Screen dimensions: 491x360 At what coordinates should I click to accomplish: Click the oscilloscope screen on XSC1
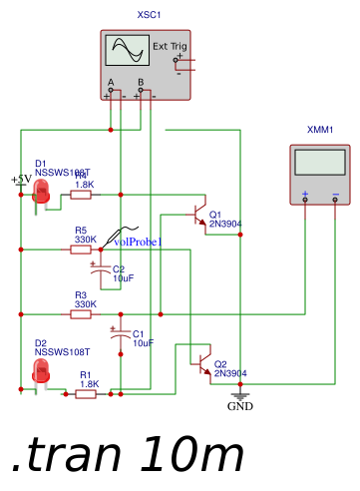click(126, 50)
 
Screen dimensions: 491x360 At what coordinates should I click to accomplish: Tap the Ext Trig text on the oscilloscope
click(169, 47)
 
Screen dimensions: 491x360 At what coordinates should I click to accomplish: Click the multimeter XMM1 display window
click(320, 162)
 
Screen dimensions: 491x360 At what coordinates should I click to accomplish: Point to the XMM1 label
click(320, 130)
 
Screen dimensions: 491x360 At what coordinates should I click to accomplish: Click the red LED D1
click(42, 192)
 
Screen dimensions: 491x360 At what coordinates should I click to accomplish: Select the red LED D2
click(41, 371)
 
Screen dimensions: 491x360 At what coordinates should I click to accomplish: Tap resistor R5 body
click(82, 250)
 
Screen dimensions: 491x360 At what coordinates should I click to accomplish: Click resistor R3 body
click(82, 314)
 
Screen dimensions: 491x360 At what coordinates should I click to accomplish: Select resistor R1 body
click(87, 394)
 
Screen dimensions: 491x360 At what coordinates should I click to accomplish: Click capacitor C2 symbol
click(99, 269)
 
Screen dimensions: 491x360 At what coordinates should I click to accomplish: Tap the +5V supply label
click(21, 180)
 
